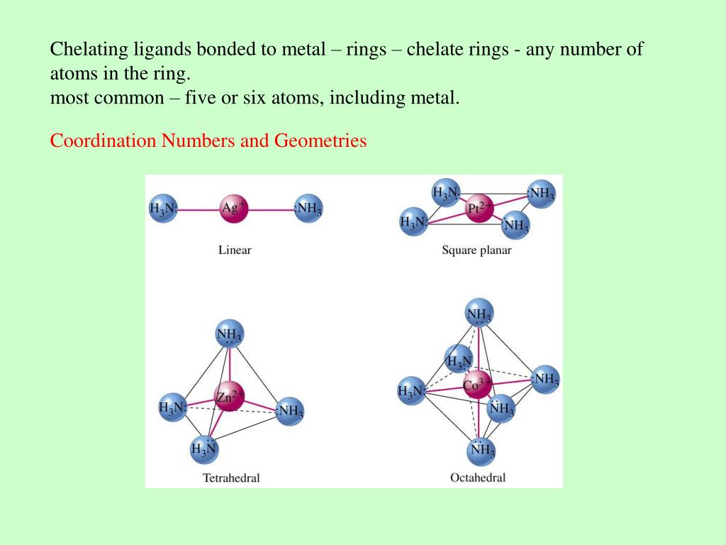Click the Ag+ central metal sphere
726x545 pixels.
tap(233, 209)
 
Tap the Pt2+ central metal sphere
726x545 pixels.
tap(479, 208)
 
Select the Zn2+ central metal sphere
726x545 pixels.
tap(229, 397)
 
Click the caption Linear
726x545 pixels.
tap(235, 250)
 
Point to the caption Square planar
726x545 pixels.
tap(476, 250)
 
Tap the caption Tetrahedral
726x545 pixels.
tap(231, 478)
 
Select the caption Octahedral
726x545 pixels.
tap(478, 478)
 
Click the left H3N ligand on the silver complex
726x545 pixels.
tap(163, 209)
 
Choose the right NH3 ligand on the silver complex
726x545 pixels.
tap(308, 209)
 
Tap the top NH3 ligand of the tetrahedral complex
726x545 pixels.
tap(229, 334)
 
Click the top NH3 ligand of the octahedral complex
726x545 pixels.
tap(479, 313)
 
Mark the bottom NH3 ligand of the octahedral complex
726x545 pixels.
tap(482, 449)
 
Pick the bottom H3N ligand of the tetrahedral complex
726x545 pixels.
tap(203, 448)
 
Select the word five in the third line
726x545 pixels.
tap(199, 97)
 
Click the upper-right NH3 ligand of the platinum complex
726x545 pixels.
tap(541, 194)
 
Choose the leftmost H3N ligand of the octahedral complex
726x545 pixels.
tap(412, 390)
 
